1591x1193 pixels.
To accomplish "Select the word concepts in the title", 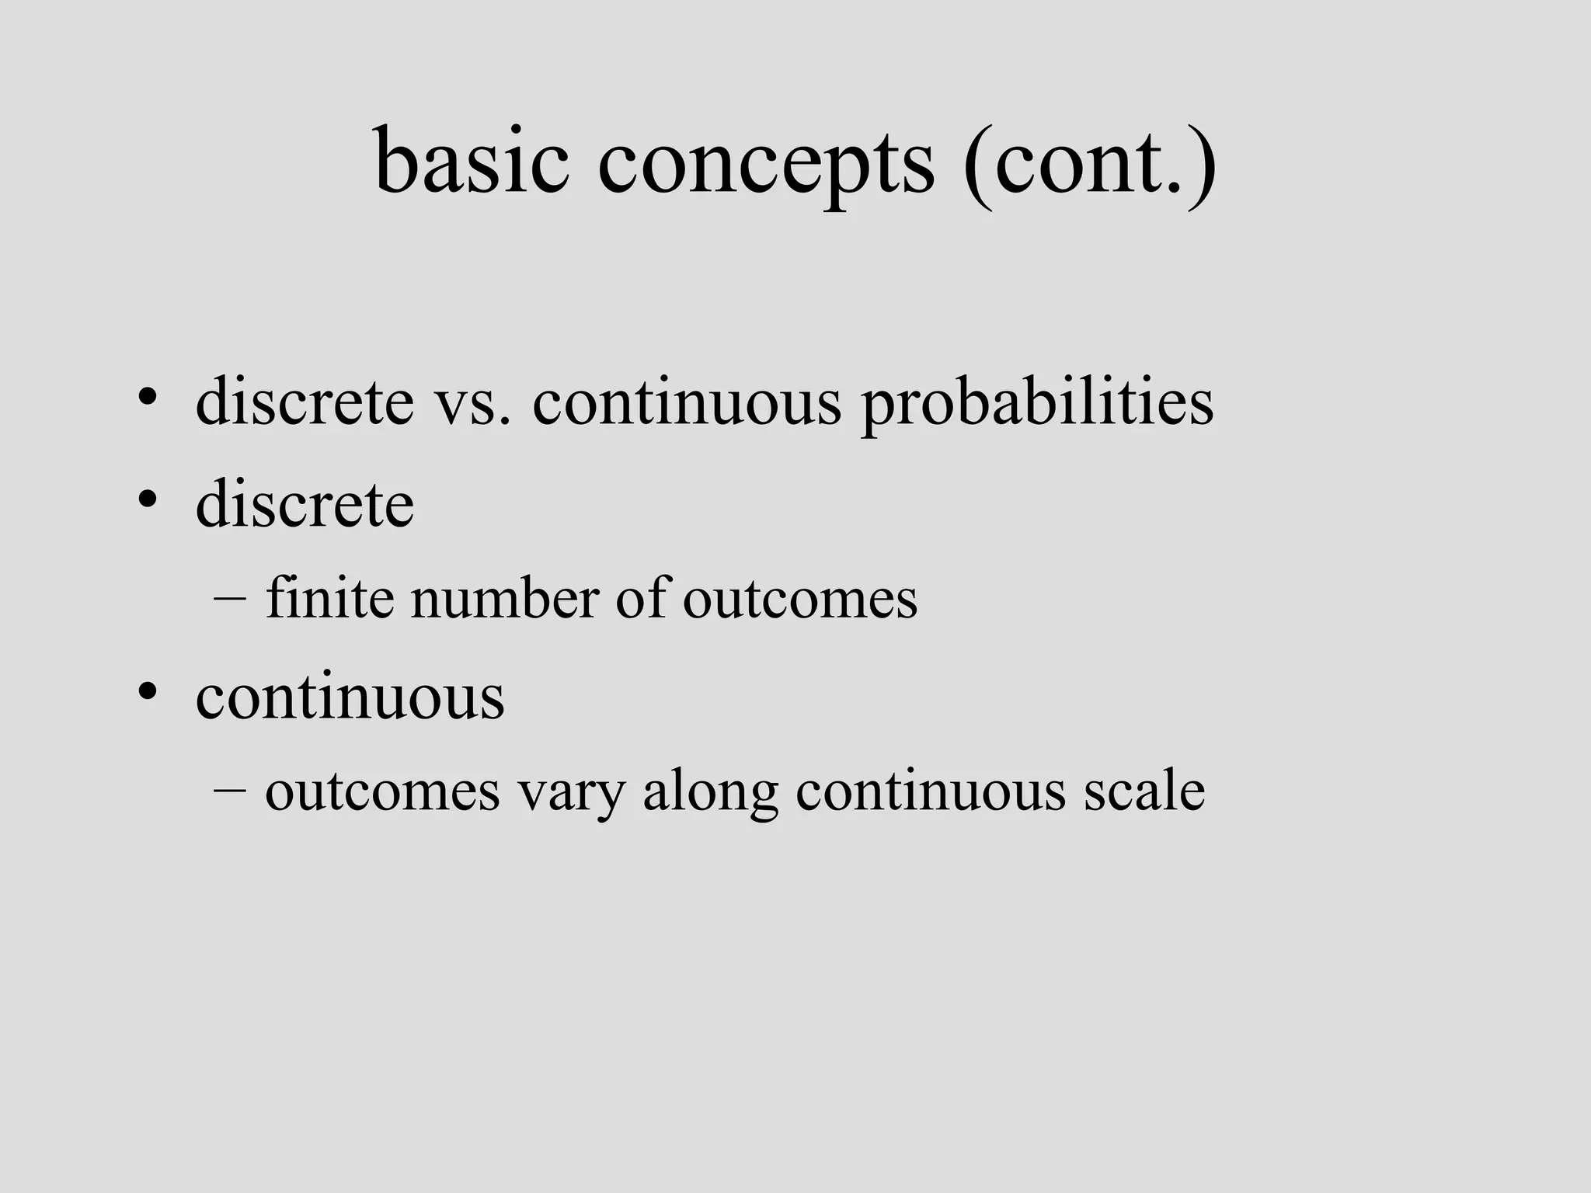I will click(x=766, y=165).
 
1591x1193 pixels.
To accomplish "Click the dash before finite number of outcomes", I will click(x=229, y=600).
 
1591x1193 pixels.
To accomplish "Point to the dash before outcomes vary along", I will click(x=229, y=791).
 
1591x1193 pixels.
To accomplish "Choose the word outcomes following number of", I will click(x=800, y=600).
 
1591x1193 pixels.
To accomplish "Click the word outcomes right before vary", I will click(x=382, y=791).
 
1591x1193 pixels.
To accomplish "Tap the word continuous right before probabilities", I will click(x=687, y=404).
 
